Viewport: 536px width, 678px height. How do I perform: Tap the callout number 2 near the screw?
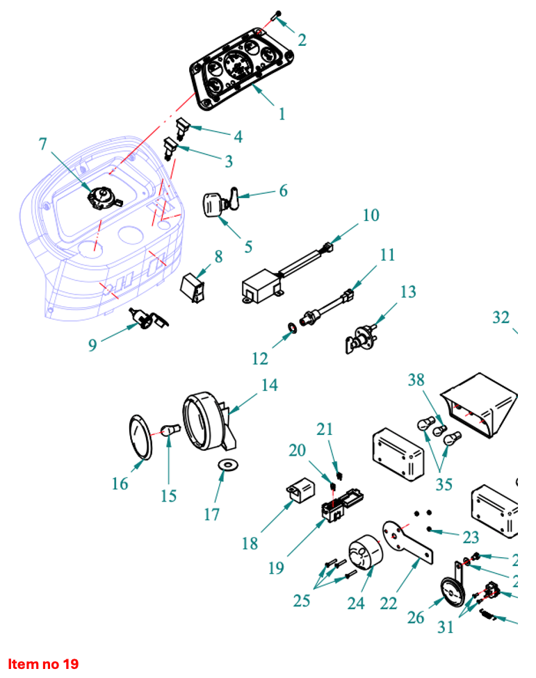pos(302,40)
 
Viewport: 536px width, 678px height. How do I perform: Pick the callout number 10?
pos(371,215)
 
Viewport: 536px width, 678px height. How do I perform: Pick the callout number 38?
pos(416,380)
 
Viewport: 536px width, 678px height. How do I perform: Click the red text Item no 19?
pos(43,663)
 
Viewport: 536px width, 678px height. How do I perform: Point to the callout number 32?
pos(501,318)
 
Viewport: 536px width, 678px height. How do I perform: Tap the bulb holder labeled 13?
pos(360,340)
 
